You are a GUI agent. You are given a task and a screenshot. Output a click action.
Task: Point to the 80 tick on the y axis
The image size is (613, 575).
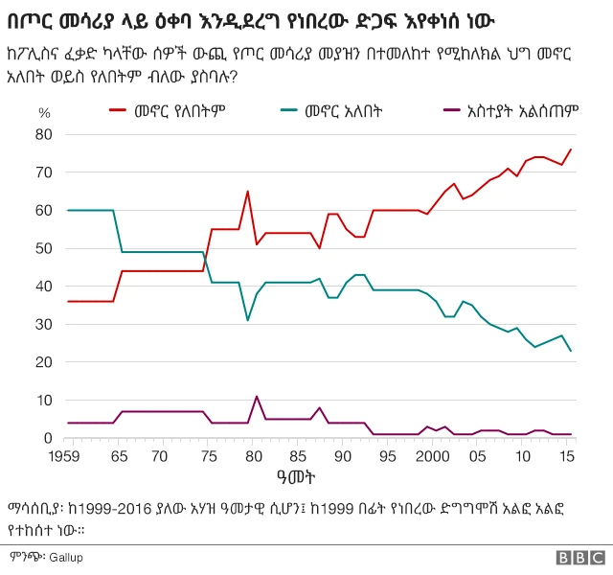[44, 134]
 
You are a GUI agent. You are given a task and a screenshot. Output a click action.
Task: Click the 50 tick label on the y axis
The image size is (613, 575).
[44, 248]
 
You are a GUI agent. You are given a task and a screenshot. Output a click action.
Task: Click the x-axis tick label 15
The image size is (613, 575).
[569, 455]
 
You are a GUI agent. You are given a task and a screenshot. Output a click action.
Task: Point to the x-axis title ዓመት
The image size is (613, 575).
[317, 475]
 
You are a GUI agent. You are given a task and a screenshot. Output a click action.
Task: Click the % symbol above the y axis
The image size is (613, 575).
[44, 112]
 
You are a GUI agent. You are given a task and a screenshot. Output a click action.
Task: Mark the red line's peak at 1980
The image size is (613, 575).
[247, 192]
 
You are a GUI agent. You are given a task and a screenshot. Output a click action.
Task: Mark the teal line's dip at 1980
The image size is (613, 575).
[247, 320]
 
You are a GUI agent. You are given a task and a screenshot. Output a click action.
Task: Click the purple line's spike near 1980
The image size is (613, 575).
[257, 397]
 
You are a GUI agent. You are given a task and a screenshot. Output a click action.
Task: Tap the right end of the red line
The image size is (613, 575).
[571, 149]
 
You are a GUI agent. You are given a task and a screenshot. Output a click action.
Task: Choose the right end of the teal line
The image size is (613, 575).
[571, 351]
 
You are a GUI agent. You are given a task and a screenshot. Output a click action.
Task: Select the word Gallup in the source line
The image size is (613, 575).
[67, 557]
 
